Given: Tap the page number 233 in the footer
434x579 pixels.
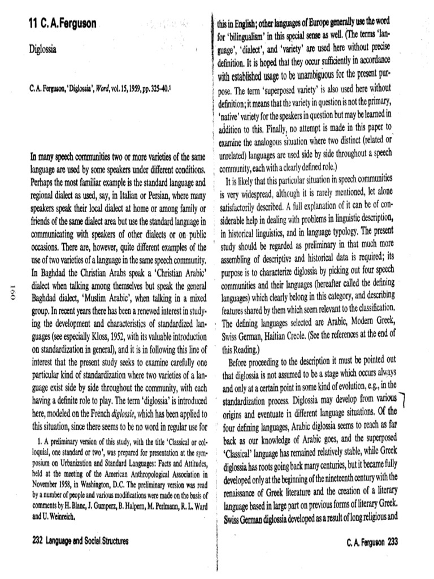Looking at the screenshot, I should pos(393,542).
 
